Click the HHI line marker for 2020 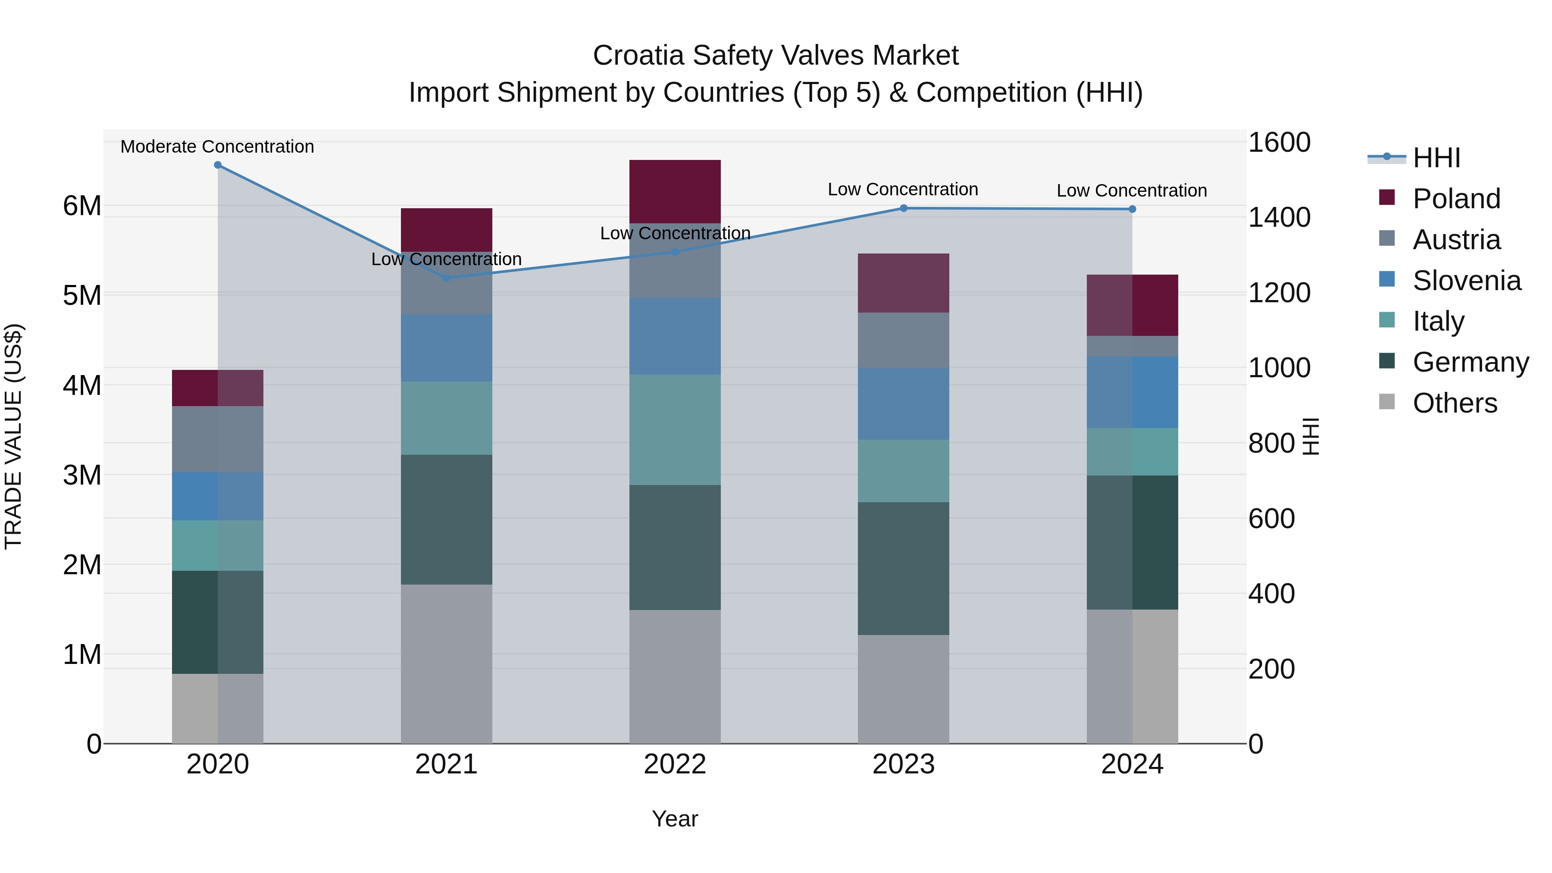(x=218, y=165)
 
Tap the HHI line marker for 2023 (x=903, y=209)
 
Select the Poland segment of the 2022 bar (x=675, y=191)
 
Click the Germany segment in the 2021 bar (x=447, y=519)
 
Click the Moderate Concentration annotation (x=218, y=147)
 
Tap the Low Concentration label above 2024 (x=1132, y=191)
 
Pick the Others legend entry (x=1455, y=403)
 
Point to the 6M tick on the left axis (x=82, y=206)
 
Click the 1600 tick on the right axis (x=1279, y=143)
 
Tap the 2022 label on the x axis (x=675, y=764)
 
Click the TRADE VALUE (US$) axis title (x=13, y=436)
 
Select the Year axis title (x=675, y=819)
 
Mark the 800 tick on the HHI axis (x=1271, y=444)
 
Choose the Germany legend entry (x=1470, y=362)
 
